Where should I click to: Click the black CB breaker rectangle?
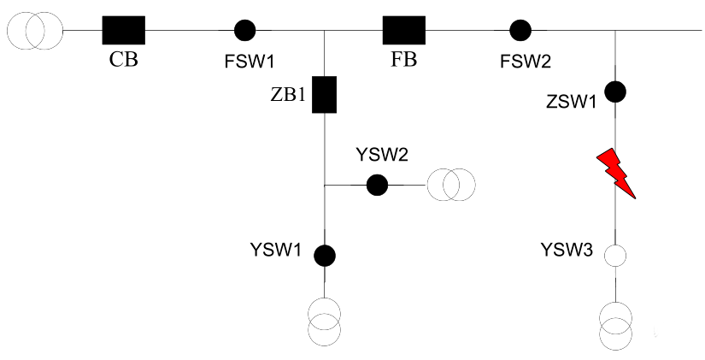[x=123, y=31]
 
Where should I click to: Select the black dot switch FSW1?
[x=245, y=31]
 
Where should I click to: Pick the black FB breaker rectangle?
[x=403, y=31]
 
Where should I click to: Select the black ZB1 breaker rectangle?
[x=324, y=95]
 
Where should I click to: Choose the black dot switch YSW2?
[x=376, y=184]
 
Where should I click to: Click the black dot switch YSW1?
[x=324, y=255]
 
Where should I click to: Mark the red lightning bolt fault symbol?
[x=618, y=172]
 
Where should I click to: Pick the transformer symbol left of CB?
[x=33, y=31]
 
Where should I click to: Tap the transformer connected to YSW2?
[x=450, y=184]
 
